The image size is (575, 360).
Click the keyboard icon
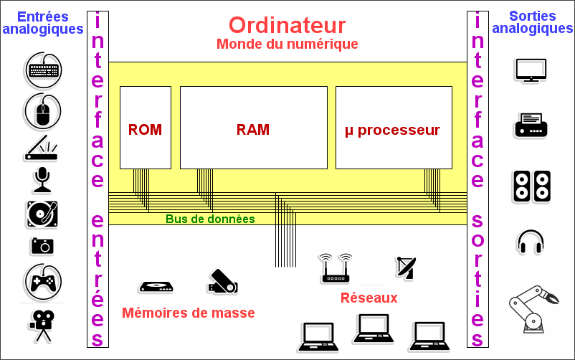point(43,70)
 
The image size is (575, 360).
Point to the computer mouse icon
point(43,110)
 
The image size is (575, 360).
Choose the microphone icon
point(42,180)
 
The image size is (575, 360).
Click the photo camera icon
point(42,246)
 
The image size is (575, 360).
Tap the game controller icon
point(43,281)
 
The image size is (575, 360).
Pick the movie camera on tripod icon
point(42,324)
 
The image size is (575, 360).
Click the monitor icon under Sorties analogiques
point(531,70)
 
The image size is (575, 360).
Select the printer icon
point(531,125)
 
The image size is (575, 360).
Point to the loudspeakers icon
point(531,185)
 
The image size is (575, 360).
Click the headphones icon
point(531,242)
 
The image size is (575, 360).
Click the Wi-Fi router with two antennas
point(336,268)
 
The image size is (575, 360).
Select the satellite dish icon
point(405,267)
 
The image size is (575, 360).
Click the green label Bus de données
point(210,219)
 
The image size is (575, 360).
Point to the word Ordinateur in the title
point(287,25)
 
